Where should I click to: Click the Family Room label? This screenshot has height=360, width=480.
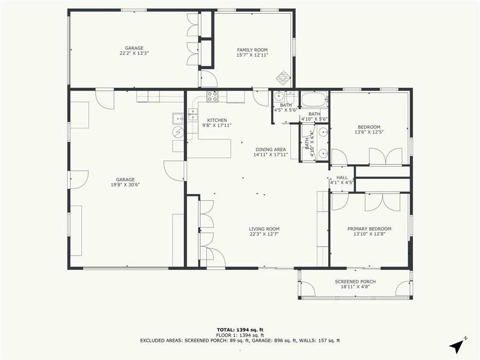[x=252, y=50]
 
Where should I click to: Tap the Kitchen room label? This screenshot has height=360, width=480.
[x=217, y=120]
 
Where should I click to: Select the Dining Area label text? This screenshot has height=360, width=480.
[x=270, y=150]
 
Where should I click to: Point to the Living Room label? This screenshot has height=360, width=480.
[x=264, y=229]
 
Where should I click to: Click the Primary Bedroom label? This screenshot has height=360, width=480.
[x=369, y=229]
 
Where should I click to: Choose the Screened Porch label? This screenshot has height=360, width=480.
[x=355, y=282]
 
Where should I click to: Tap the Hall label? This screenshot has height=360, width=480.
[x=342, y=178]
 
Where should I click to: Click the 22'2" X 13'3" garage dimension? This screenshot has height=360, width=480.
[x=134, y=53]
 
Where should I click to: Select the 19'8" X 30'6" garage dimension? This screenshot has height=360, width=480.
[x=126, y=185]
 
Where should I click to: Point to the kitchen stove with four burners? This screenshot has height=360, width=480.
[x=212, y=97]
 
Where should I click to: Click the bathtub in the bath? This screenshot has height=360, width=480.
[x=314, y=100]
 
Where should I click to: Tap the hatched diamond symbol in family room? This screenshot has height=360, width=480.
[x=283, y=78]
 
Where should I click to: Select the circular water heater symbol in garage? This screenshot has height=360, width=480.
[x=178, y=132]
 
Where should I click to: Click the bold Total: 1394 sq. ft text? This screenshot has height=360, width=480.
[x=240, y=330]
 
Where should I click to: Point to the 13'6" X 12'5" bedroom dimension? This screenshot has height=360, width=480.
[x=369, y=132]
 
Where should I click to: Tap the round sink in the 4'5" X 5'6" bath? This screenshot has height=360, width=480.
[x=279, y=97]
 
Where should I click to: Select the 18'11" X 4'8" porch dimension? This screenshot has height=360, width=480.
[x=355, y=287]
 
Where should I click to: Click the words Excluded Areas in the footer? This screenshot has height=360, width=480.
[x=162, y=340]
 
